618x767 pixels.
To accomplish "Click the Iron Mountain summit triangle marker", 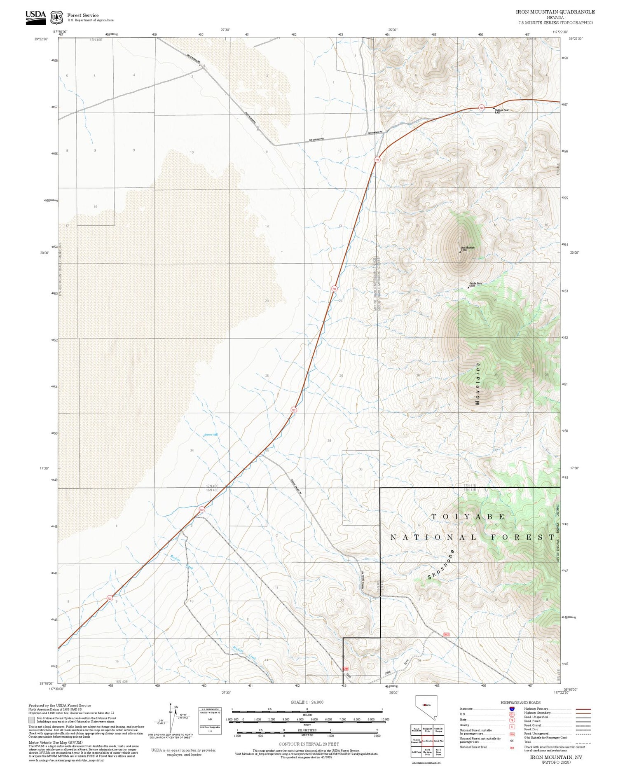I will click(x=460, y=251).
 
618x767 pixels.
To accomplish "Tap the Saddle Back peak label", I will click(x=475, y=283).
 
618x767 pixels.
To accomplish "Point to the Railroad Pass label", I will click(x=501, y=110).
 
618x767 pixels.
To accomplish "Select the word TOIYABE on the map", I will click(x=468, y=517).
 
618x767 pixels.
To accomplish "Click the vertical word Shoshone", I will click(x=441, y=564).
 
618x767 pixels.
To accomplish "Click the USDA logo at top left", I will click(x=36, y=17).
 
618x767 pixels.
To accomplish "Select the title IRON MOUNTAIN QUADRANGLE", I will click(x=555, y=12).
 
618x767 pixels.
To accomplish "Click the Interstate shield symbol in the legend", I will click(x=512, y=709).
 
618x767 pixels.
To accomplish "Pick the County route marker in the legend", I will click(x=512, y=727).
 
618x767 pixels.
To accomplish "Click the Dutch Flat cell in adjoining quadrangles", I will click(x=438, y=740).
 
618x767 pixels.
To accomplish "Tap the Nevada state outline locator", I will click(x=426, y=707).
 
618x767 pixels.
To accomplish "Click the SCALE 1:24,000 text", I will click(x=307, y=702).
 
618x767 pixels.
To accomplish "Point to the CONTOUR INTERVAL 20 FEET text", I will click(x=309, y=744).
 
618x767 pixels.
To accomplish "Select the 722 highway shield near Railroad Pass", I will click(x=481, y=108).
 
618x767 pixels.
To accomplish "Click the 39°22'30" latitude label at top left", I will click(x=41, y=39).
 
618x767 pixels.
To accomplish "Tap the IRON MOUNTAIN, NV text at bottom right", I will click(x=556, y=757).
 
